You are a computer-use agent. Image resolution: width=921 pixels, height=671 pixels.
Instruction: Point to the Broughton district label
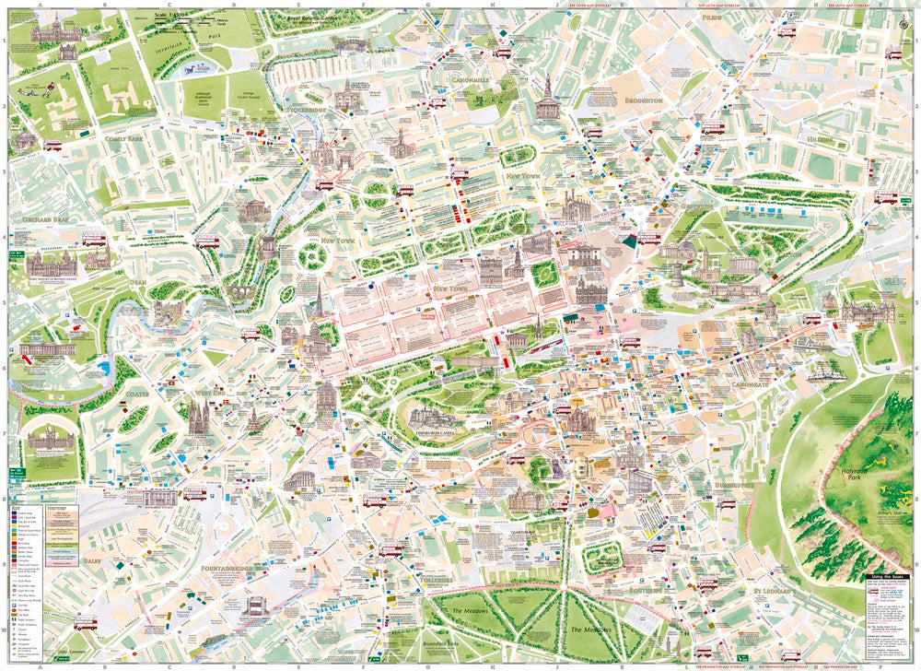(643, 100)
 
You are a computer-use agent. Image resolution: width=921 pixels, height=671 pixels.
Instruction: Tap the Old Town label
(610, 441)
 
